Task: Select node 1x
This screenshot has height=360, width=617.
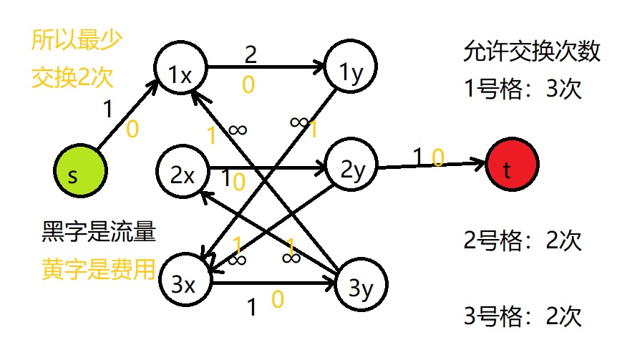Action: point(180,72)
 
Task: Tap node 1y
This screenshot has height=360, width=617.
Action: point(351,72)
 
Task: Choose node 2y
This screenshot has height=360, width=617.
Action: point(351,169)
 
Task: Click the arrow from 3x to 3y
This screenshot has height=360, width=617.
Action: point(273,282)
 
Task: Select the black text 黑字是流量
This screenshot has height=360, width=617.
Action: point(99,231)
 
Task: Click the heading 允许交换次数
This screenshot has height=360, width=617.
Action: point(530,52)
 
